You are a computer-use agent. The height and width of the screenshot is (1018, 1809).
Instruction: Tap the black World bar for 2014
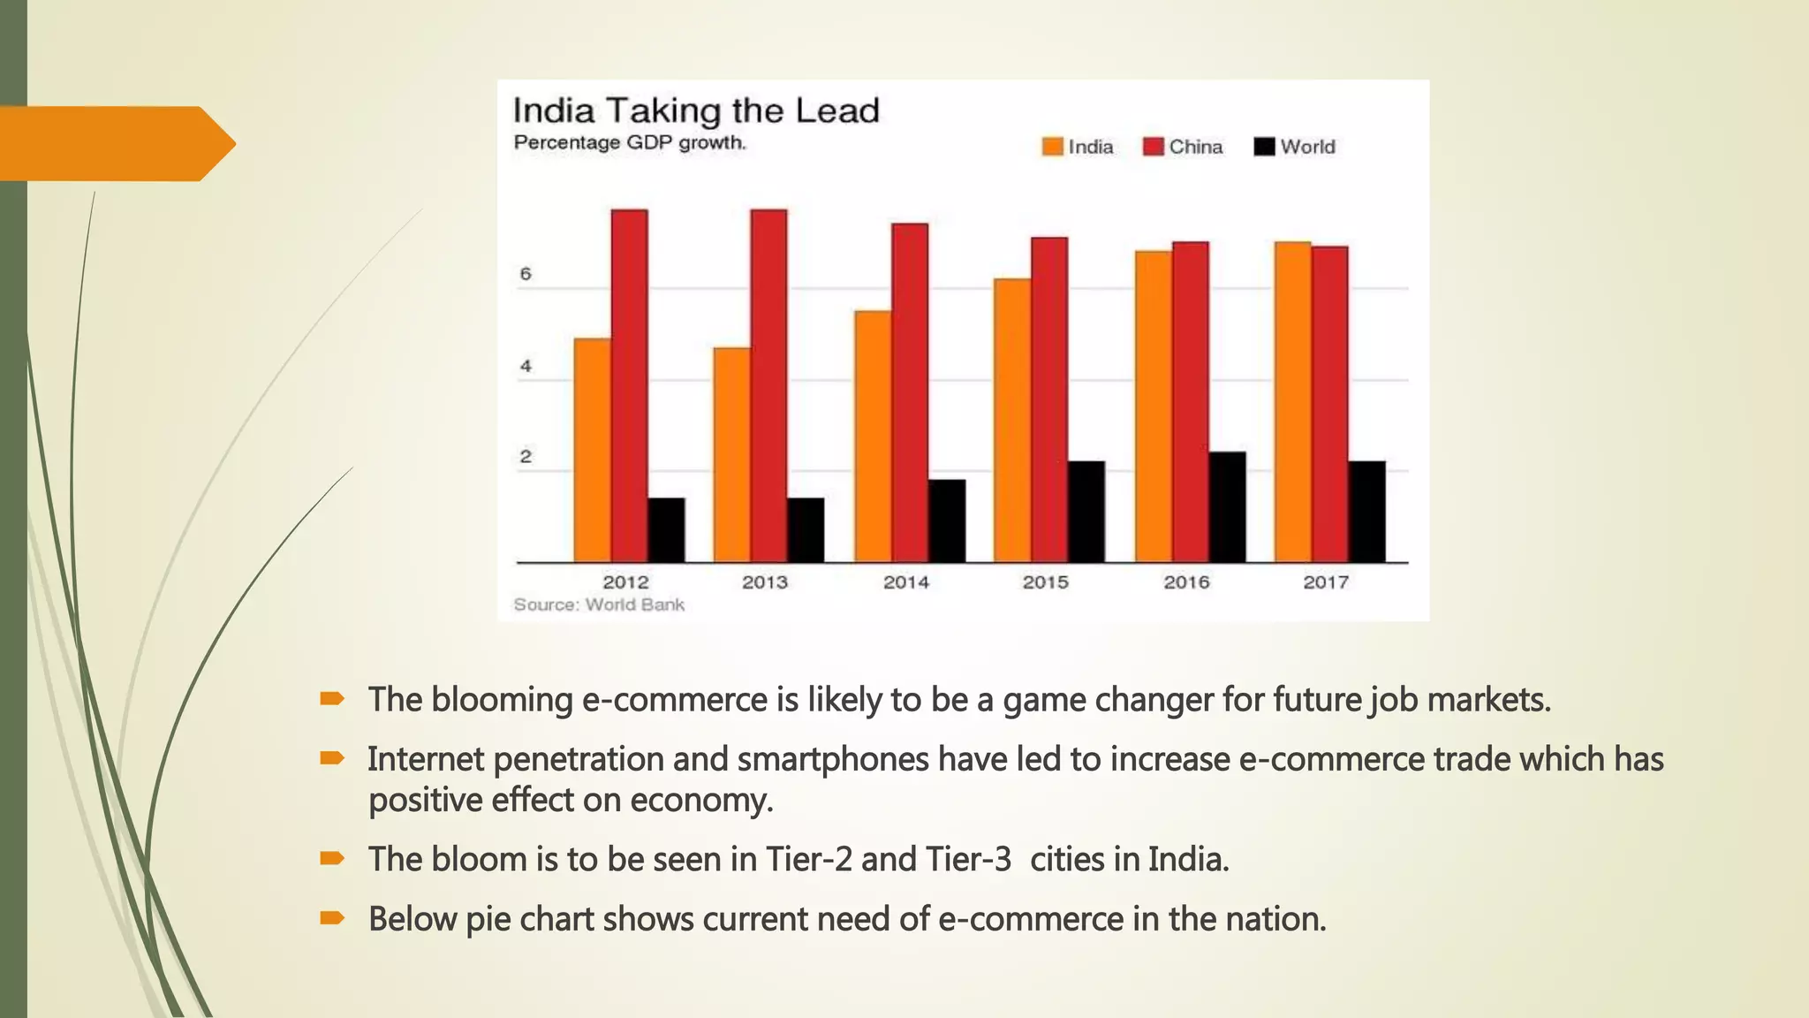coord(946,520)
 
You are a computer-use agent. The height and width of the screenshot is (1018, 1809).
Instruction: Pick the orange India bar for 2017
coord(1292,401)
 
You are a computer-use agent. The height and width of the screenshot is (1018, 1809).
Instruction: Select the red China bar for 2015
coord(1048,399)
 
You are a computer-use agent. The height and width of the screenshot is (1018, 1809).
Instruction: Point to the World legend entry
coord(1295,147)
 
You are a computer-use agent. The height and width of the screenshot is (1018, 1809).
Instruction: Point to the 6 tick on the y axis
coord(526,274)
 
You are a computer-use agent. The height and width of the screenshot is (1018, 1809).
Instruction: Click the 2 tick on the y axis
coord(526,457)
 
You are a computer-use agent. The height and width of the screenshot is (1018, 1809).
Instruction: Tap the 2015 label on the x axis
coord(1045,582)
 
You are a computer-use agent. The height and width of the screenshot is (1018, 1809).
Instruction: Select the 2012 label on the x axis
coord(625,582)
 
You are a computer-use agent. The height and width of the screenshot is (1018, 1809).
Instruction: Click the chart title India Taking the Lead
coord(696,111)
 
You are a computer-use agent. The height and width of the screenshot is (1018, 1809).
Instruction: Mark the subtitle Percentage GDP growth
coord(630,143)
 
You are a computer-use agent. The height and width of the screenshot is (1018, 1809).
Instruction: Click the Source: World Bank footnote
coord(599,604)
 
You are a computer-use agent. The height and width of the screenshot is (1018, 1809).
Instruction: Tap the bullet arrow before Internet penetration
coord(332,758)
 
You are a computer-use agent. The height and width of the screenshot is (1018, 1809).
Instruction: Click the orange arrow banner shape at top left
coord(115,143)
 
